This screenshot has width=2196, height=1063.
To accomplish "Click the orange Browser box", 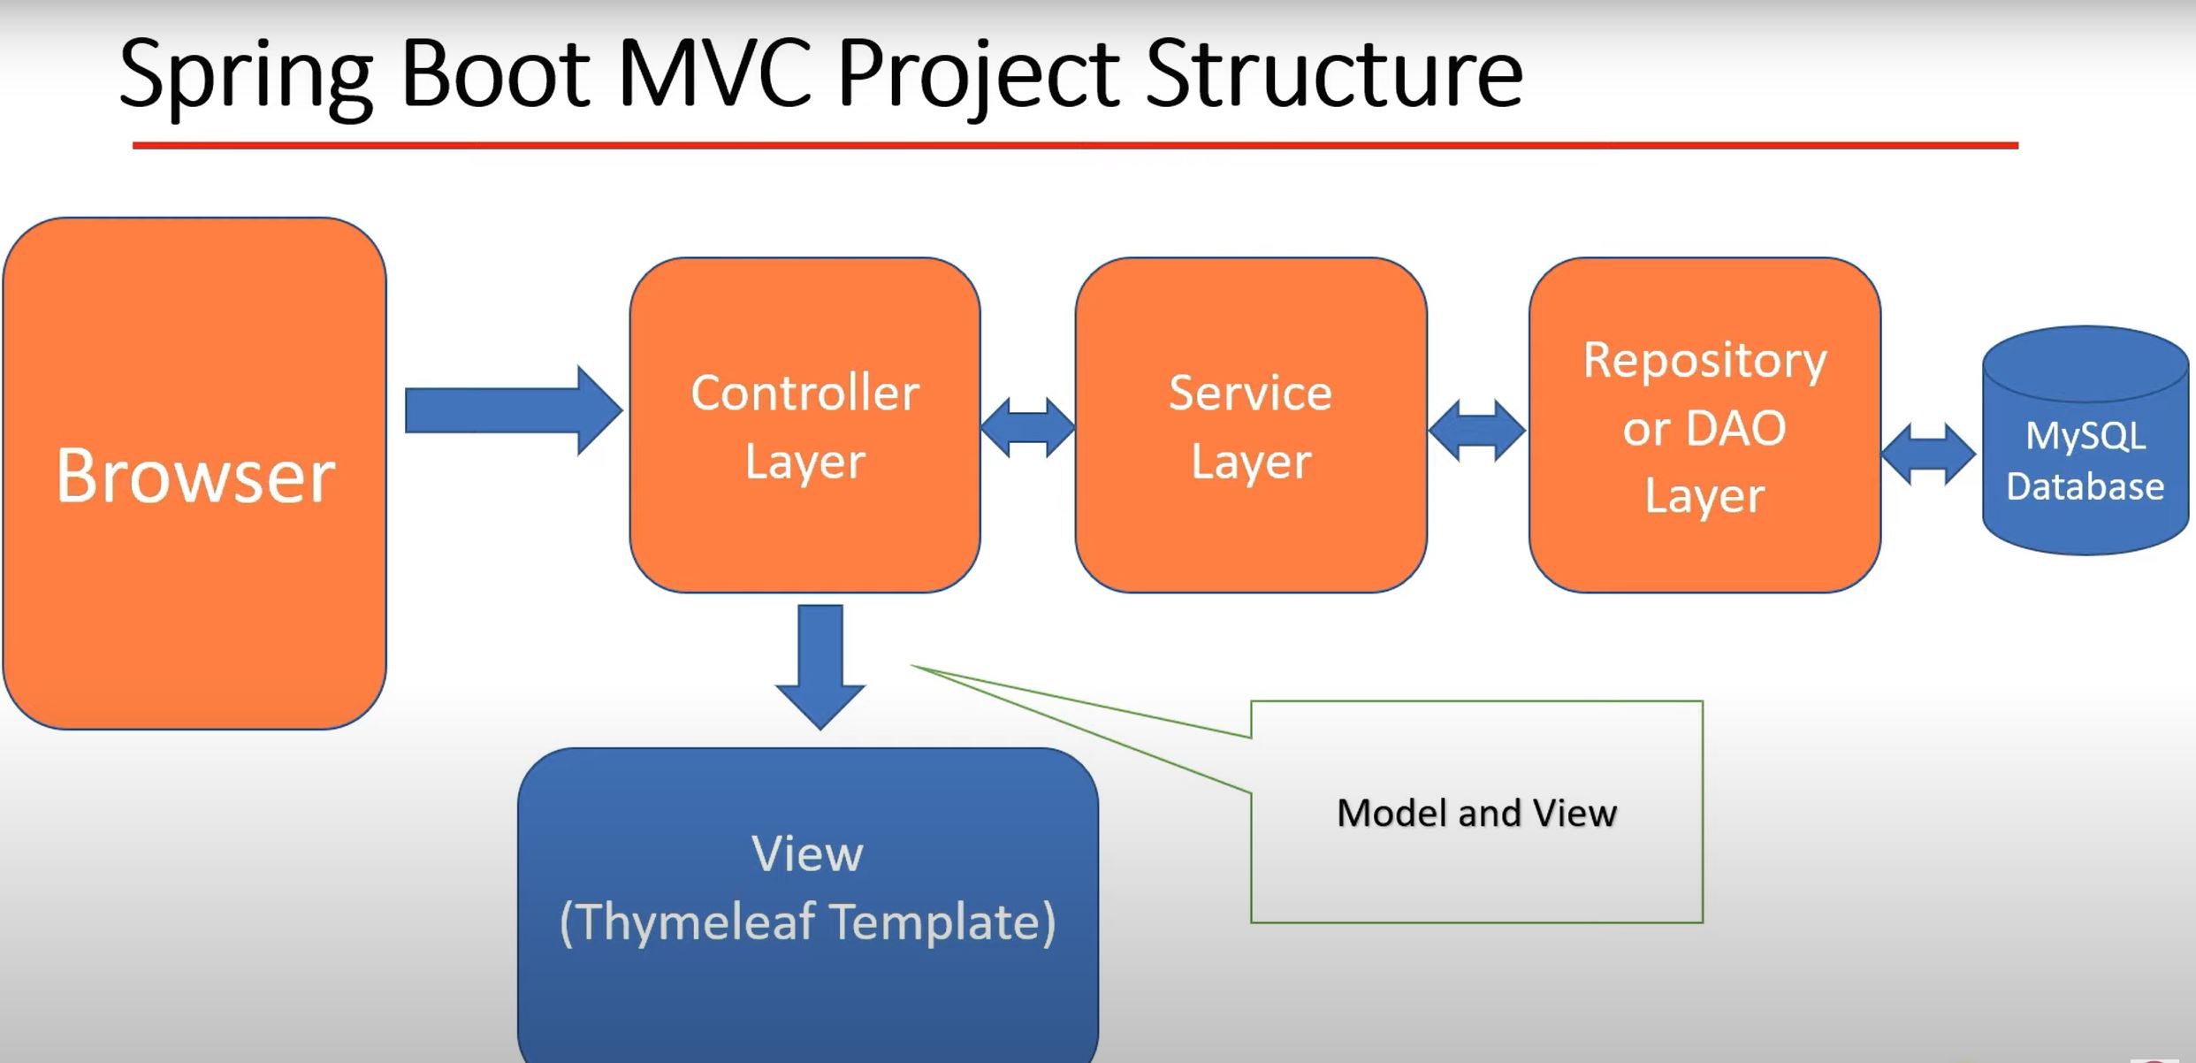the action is [x=194, y=473].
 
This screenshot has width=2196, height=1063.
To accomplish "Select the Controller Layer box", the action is [x=804, y=424].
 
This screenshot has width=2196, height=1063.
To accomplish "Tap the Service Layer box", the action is [x=1251, y=424].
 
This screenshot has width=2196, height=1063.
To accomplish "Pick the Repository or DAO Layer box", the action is [x=1704, y=424].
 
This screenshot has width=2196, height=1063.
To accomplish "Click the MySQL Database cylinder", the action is [x=2085, y=440].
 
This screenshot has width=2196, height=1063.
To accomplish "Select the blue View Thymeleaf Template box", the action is [x=808, y=906].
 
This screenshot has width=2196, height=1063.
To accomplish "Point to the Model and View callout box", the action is [x=1476, y=812].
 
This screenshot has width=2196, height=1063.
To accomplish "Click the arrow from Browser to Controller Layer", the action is [x=514, y=410].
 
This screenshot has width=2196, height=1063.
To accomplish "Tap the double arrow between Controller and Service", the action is [x=1028, y=427].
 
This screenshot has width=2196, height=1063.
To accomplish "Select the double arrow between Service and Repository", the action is [x=1477, y=430].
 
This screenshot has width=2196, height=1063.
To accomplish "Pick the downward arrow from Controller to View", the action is [x=820, y=667].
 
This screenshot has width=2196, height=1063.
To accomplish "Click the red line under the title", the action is [x=1075, y=145].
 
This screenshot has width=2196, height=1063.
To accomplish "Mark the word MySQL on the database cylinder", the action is [x=2085, y=437].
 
